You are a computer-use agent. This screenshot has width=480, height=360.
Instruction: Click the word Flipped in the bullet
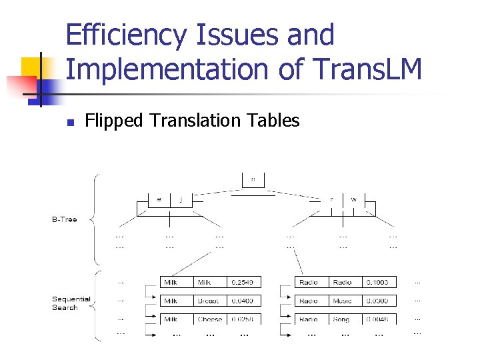pyautogui.click(x=114, y=121)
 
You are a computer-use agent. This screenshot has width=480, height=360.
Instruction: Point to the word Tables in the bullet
pyautogui.click(x=273, y=121)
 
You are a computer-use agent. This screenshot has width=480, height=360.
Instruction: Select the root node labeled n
pyautogui.click(x=253, y=179)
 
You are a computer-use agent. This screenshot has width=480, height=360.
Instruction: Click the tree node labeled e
pyautogui.click(x=159, y=199)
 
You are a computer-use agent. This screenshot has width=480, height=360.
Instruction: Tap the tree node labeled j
pyautogui.click(x=181, y=199)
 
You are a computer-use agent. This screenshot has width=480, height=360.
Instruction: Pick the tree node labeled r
pyautogui.click(x=331, y=199)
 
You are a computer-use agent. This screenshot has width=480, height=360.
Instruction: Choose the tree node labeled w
pyautogui.click(x=353, y=199)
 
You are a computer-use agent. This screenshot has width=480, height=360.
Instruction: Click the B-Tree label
pyautogui.click(x=65, y=219)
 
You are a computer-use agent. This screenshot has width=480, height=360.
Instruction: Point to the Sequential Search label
pyautogui.click(x=71, y=303)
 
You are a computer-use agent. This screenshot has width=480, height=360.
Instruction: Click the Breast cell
pyautogui.click(x=209, y=301)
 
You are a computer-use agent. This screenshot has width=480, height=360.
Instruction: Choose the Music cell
pyautogui.click(x=343, y=301)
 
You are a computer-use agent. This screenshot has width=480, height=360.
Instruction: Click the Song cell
pyautogui.click(x=341, y=319)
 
